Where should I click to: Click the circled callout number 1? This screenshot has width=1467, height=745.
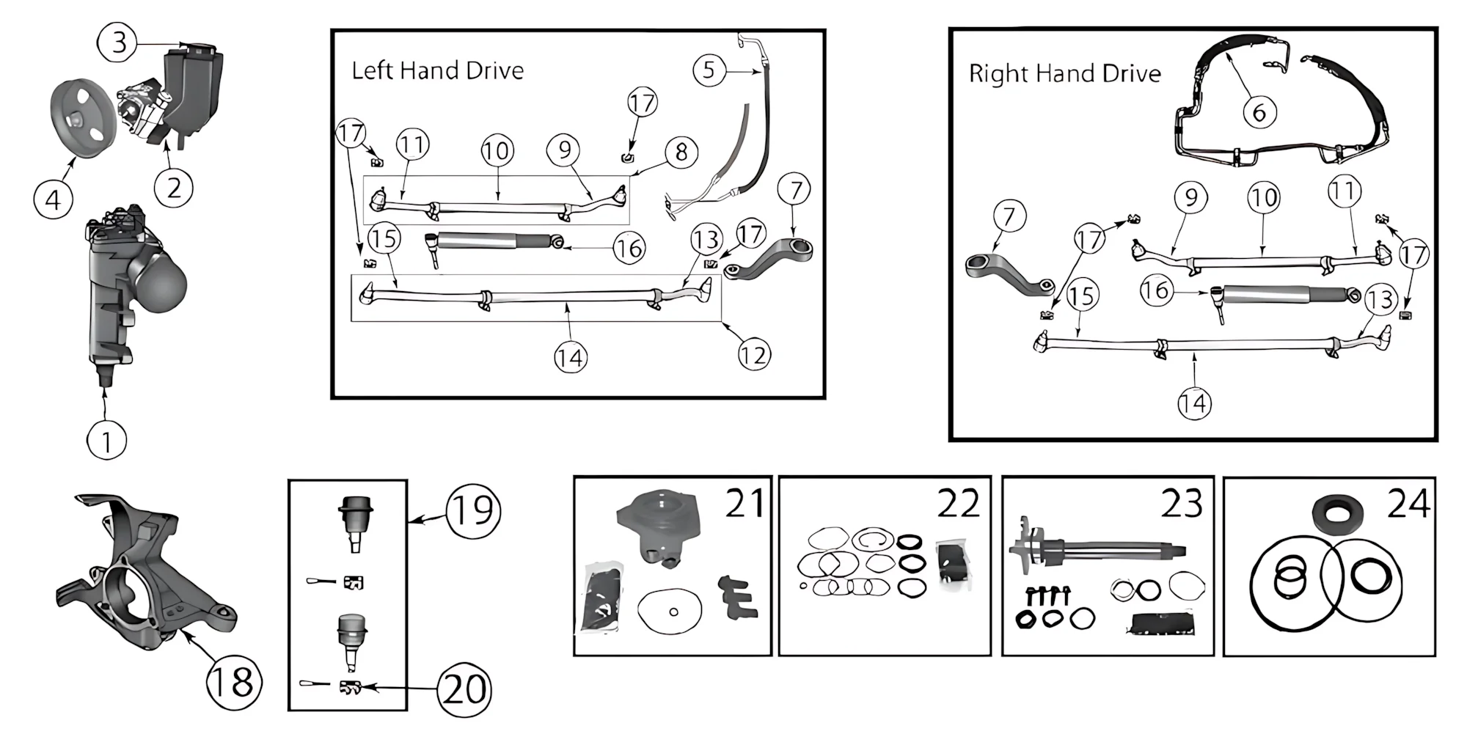tap(106, 441)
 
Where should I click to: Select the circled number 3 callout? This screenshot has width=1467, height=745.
tap(117, 43)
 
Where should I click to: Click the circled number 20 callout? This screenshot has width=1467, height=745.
tap(464, 690)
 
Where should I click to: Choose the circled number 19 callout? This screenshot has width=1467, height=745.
tap(474, 511)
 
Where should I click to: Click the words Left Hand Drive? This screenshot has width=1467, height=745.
tap(438, 70)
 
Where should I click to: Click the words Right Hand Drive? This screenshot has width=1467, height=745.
tap(1064, 73)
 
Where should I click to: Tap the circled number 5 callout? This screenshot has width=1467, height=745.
tap(709, 70)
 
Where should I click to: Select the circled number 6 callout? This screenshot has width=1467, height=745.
tap(1259, 112)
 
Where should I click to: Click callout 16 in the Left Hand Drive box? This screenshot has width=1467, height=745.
tap(629, 249)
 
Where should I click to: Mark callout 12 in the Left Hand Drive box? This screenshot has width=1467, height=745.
tap(754, 356)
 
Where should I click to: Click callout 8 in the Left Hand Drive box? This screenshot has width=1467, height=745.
tap(681, 153)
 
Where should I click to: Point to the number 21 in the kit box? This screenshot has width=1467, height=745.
tap(745, 503)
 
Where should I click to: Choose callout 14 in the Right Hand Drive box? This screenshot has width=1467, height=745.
tap(1194, 403)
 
